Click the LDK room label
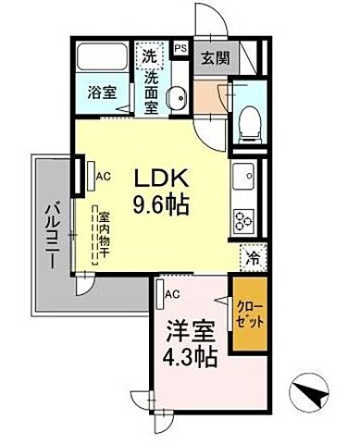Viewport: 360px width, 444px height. (165, 178)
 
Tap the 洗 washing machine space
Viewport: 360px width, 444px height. (149, 56)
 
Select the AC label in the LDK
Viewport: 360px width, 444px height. (105, 173)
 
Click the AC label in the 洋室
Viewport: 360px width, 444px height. (171, 294)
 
